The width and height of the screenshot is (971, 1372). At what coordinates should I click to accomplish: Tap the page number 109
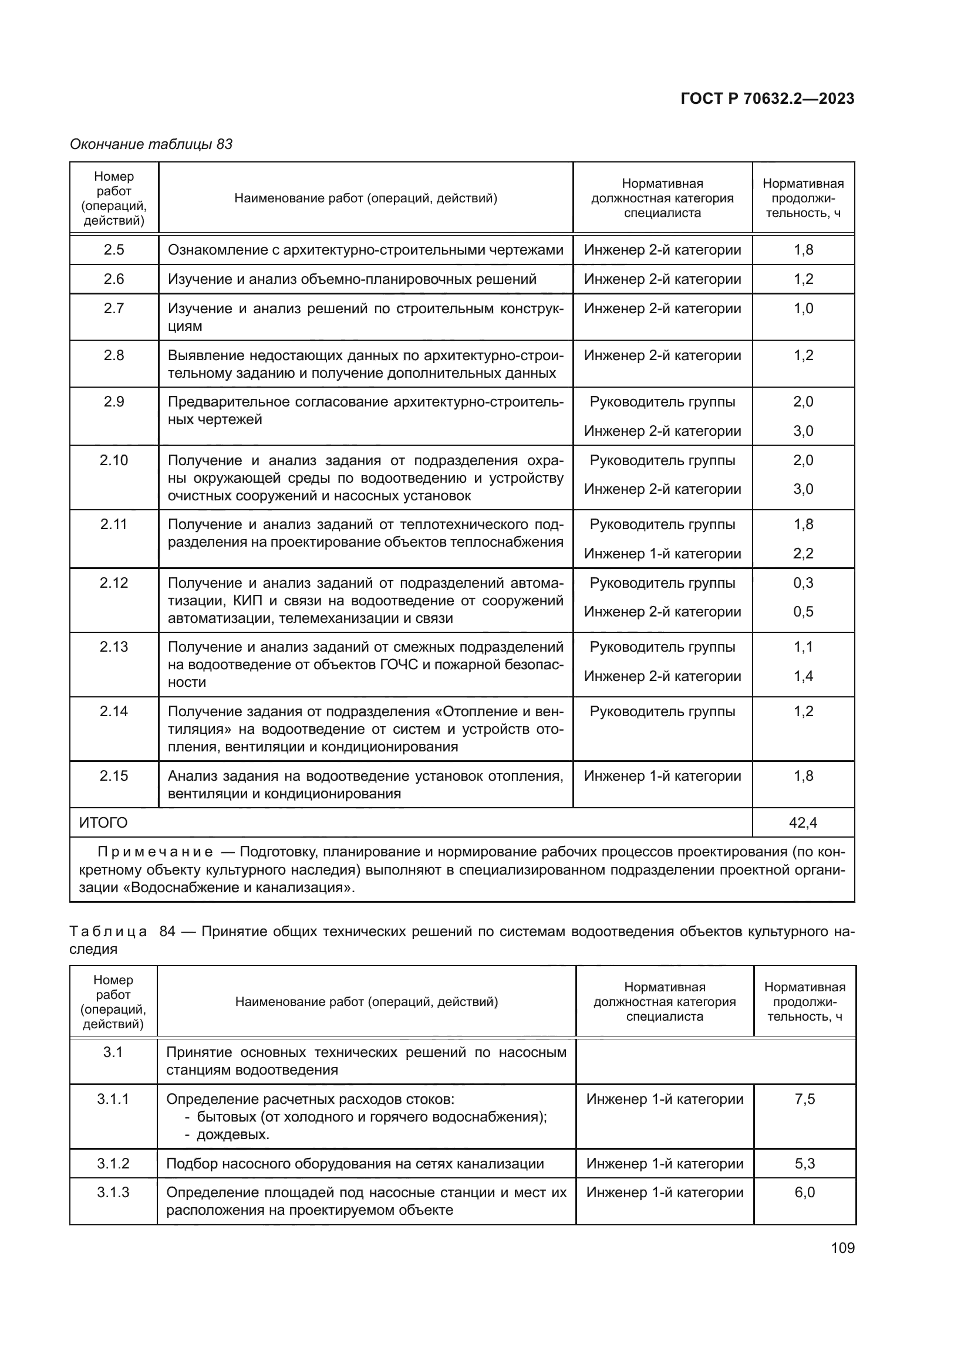point(842,1248)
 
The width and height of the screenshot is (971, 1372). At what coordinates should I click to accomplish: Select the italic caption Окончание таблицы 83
point(151,144)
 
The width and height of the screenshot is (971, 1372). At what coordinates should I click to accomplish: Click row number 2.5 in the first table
point(114,250)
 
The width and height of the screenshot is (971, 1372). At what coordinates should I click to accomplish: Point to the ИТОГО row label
point(103,823)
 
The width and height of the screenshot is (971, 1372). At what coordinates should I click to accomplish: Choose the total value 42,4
point(803,823)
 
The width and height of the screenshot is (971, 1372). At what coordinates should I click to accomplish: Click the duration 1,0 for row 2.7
point(803,309)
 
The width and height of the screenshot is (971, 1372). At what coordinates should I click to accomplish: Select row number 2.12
point(114,582)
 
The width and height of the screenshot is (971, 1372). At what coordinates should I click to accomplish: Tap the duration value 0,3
point(803,582)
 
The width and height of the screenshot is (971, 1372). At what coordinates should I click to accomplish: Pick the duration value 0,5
point(803,612)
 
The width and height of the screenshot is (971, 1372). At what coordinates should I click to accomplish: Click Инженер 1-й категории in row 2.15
point(662,775)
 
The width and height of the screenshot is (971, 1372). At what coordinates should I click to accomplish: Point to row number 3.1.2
point(113,1163)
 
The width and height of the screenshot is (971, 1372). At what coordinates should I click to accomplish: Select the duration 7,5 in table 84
point(805,1099)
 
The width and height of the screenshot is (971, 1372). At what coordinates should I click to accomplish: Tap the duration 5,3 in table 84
point(805,1163)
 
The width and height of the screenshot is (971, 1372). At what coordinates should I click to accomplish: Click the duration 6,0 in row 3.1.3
point(805,1192)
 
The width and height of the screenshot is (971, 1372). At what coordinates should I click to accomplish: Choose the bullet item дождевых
point(232,1134)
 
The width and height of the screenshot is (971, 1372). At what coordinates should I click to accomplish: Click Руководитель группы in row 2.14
point(662,711)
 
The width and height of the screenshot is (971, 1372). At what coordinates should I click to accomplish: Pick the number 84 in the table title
point(167,931)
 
